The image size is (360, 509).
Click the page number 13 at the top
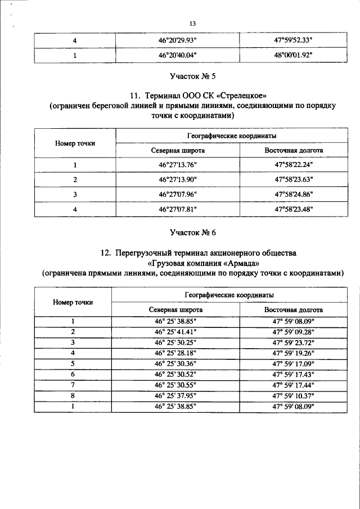(192, 24)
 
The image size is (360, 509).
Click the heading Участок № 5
(192, 75)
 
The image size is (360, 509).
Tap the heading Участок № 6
(192, 232)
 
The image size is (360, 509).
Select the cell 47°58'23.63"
(294, 179)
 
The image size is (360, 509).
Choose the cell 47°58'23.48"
(294, 209)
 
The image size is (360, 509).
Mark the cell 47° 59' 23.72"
(293, 342)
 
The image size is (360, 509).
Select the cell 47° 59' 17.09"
(293, 363)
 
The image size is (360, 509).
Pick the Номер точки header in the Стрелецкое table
(75, 143)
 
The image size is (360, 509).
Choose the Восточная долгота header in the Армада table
(293, 310)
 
